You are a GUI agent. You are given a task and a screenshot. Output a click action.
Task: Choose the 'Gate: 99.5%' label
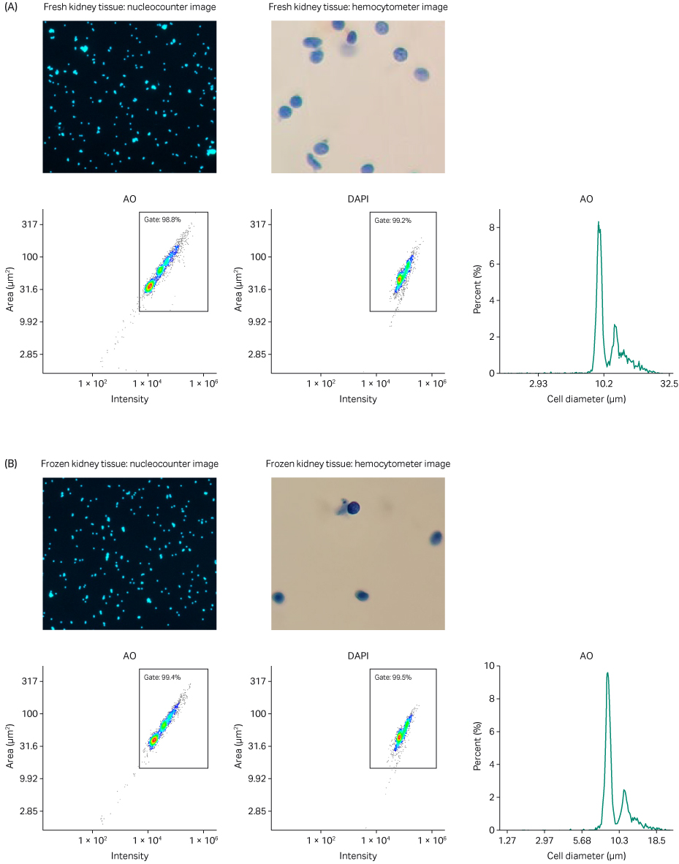[392, 677]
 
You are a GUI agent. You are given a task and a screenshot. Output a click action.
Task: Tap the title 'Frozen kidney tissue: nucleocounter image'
[129, 464]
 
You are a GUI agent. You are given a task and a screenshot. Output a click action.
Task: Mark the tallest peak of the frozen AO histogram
[607, 673]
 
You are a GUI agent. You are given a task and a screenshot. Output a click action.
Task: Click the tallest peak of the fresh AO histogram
[599, 222]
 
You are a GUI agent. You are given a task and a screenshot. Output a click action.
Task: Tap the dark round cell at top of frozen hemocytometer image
[354, 507]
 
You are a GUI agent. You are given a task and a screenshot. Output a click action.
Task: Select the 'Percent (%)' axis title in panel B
[477, 748]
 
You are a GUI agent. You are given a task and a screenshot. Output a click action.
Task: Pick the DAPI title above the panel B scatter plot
[357, 656]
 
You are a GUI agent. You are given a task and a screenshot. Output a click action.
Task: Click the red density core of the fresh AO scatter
[148, 287]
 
